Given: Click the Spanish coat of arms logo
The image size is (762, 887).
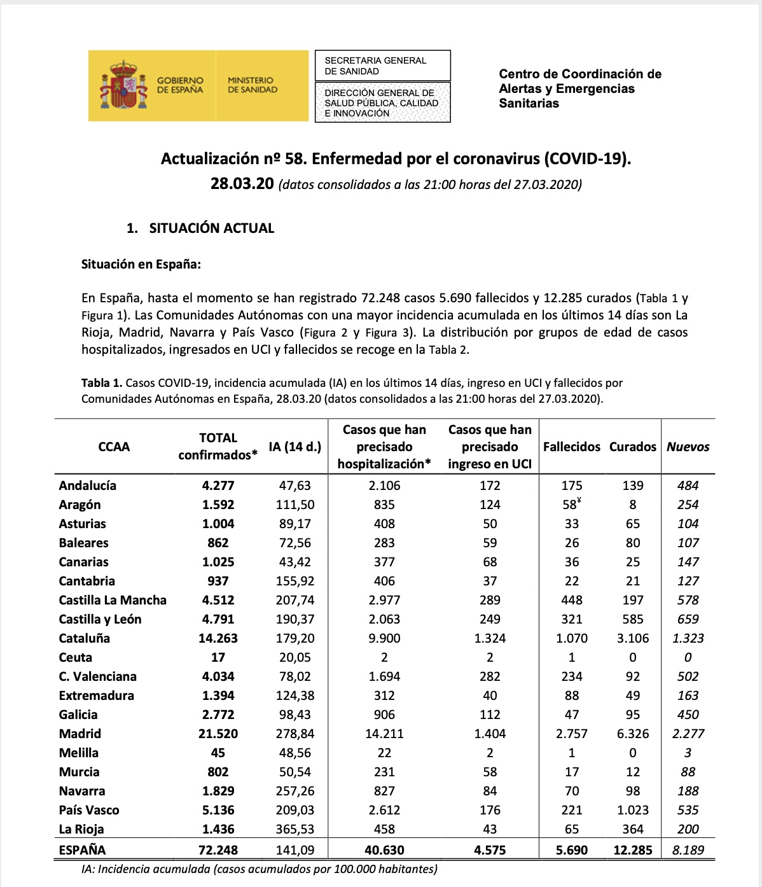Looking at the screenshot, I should click(123, 85).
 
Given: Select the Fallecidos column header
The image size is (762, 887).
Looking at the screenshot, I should click(571, 447).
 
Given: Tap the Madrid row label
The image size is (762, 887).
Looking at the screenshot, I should click(80, 734).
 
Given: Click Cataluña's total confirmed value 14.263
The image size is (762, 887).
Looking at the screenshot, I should click(218, 638).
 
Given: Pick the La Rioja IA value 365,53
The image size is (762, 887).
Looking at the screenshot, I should click(294, 829).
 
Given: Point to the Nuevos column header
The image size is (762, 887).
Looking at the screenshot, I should click(688, 447).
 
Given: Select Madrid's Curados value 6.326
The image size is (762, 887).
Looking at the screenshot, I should click(632, 734).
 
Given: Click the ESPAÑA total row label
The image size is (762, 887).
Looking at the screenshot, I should click(82, 850).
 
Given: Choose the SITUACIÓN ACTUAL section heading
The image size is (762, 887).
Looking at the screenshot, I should click(211, 228).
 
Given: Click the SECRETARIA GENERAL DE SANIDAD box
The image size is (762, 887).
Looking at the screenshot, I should click(382, 66).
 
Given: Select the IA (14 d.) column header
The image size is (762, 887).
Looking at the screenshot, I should click(294, 447).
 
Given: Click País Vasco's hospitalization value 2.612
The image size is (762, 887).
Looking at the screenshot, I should click(384, 810).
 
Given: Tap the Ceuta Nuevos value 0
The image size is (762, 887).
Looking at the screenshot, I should click(688, 657).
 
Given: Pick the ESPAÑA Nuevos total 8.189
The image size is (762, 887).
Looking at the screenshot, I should click(688, 850).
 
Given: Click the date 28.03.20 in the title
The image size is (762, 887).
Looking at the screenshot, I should click(242, 184).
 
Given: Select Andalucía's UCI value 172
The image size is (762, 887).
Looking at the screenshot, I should click(490, 485).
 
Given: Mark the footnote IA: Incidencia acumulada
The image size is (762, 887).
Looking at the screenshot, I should click(260, 869).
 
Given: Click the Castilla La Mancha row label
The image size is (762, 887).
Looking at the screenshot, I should click(113, 600).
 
